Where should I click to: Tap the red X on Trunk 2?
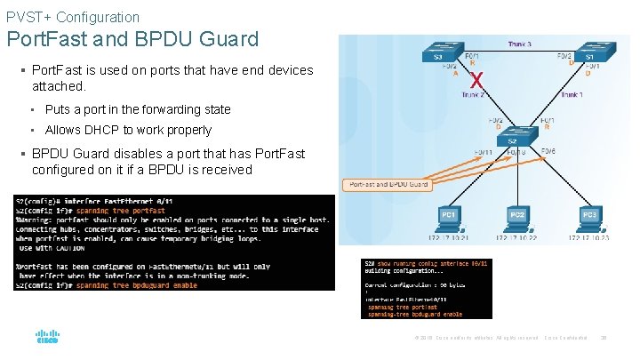(x=477, y=81)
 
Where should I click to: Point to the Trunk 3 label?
(x=521, y=44)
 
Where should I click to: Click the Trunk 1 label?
(x=573, y=94)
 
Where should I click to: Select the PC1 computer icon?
(x=449, y=218)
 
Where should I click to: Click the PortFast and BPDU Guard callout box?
(x=384, y=184)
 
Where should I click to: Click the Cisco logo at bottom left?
(x=47, y=339)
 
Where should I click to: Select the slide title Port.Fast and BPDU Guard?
(x=132, y=39)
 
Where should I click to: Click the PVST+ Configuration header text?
(x=73, y=17)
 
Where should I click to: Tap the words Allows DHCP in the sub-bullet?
(x=77, y=130)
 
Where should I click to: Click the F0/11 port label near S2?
(x=484, y=153)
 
